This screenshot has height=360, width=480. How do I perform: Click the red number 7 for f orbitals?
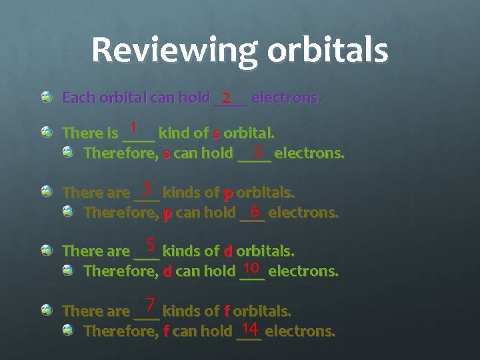tap(151, 305)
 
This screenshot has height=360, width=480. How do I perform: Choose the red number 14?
tap(250, 327)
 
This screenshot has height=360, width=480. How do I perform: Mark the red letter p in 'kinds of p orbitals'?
tap(228, 194)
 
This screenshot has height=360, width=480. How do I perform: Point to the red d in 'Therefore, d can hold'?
tap(168, 272)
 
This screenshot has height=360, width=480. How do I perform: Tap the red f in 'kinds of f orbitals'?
tap(227, 311)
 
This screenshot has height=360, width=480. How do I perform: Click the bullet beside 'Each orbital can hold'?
tap(47, 99)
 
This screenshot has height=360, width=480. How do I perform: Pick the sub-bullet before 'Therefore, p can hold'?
tap(69, 213)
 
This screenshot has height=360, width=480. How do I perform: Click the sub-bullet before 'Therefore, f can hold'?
tap(69, 330)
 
